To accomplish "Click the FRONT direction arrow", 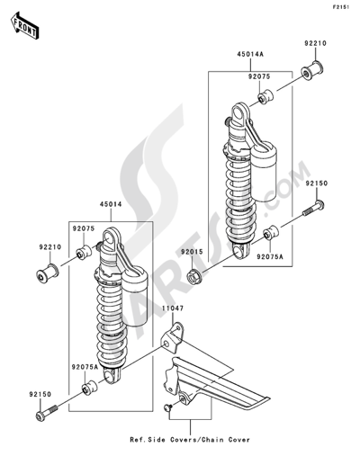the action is click(x=24, y=25).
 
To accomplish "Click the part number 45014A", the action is click(x=250, y=54).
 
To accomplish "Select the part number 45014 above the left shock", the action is click(x=111, y=204).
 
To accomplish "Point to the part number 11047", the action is click(x=173, y=308).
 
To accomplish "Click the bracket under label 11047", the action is click(x=172, y=338).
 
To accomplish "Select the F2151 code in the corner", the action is click(x=340, y=7).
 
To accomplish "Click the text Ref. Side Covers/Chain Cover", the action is click(x=190, y=440).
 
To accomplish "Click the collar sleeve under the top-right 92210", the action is click(x=311, y=71).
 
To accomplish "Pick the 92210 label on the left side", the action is click(x=49, y=247).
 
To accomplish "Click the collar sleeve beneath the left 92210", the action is click(x=47, y=273).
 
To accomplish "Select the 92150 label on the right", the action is click(x=317, y=183).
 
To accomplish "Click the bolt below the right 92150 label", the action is click(x=313, y=209).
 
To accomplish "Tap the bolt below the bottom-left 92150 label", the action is click(x=47, y=413).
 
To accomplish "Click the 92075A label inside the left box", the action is click(x=85, y=367).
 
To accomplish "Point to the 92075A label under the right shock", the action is click(x=270, y=256).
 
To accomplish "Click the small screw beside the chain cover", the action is click(x=168, y=407).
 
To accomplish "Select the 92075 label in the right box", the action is click(x=259, y=76).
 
